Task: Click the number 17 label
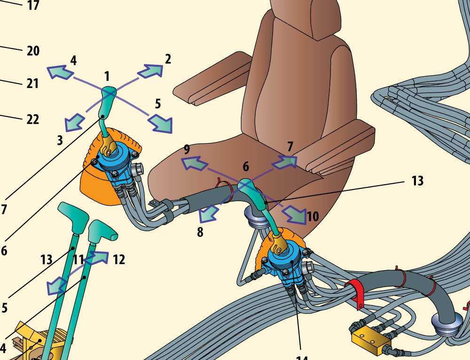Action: (x=33, y=6)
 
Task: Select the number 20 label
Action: (x=33, y=51)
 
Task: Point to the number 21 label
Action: (x=32, y=84)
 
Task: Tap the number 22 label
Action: (x=32, y=119)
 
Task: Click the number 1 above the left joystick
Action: (x=107, y=76)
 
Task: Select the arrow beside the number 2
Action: (x=150, y=71)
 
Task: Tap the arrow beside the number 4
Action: (x=60, y=72)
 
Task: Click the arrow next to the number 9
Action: (x=195, y=164)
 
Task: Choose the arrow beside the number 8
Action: (x=207, y=215)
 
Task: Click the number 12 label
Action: (x=119, y=259)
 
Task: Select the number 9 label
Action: (x=187, y=150)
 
